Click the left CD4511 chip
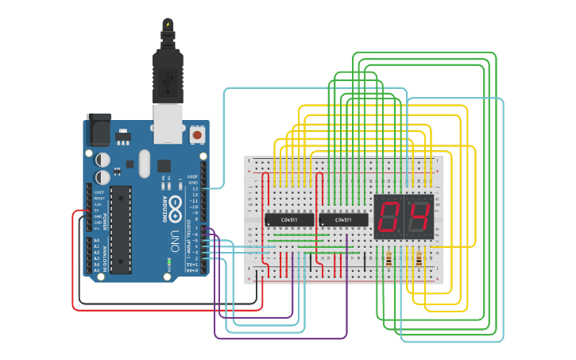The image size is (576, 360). pyautogui.click(x=288, y=219)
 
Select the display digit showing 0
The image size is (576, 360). pyautogui.click(x=390, y=217)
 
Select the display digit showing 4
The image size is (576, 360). pyautogui.click(x=419, y=217)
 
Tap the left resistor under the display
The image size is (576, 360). pyautogui.click(x=389, y=258)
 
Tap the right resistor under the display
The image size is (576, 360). pyautogui.click(x=419, y=258)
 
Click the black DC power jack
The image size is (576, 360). pyautogui.click(x=99, y=129)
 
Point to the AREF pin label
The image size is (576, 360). pyautogui.click(x=192, y=177)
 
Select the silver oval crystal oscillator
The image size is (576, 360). pyautogui.click(x=143, y=164)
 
